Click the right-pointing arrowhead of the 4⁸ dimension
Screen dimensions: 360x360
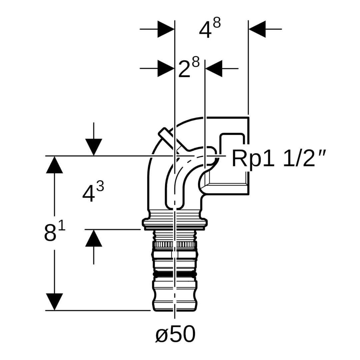tap(166, 29)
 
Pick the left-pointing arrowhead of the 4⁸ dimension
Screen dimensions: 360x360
tap(257, 29)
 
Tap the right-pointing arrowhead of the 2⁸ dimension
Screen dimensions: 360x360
tap(166, 68)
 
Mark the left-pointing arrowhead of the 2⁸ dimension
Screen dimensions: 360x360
tap(214, 68)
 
